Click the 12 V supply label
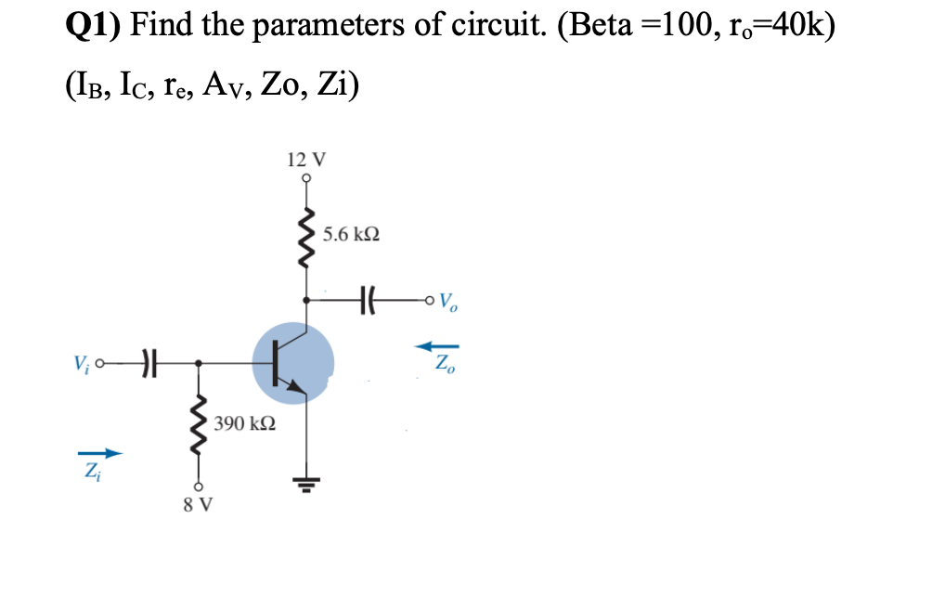coord(304,160)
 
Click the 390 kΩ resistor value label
coord(243,424)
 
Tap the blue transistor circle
coord(292,363)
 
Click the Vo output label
coord(447,301)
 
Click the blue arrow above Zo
coord(436,345)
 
